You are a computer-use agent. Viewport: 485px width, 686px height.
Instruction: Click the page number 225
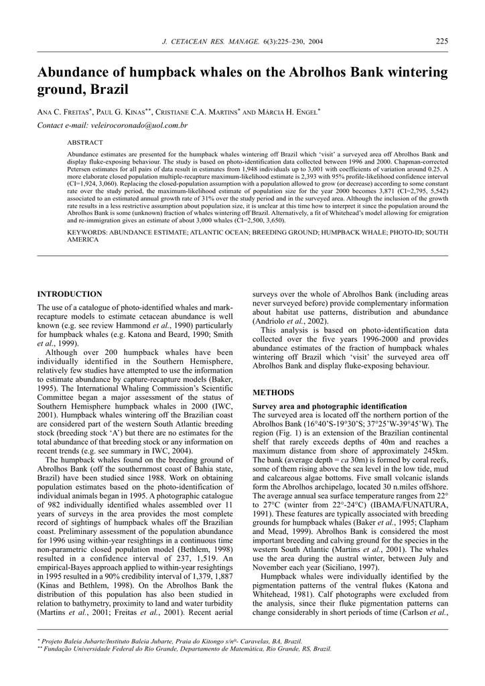pyautogui.click(x=442, y=42)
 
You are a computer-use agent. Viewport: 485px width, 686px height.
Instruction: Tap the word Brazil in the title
pyautogui.click(x=106, y=89)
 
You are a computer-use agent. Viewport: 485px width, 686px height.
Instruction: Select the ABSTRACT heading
pyautogui.click(x=85, y=143)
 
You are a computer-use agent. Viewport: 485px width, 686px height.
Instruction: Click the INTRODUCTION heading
pyautogui.click(x=70, y=294)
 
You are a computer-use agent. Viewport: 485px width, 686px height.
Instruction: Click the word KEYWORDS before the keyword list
pyautogui.click(x=90, y=232)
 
